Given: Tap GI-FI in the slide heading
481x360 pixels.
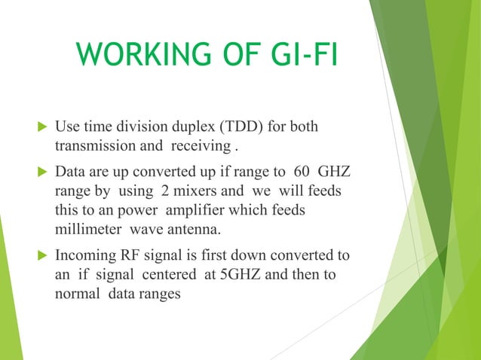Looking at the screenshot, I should pyautogui.click(x=296, y=55).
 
